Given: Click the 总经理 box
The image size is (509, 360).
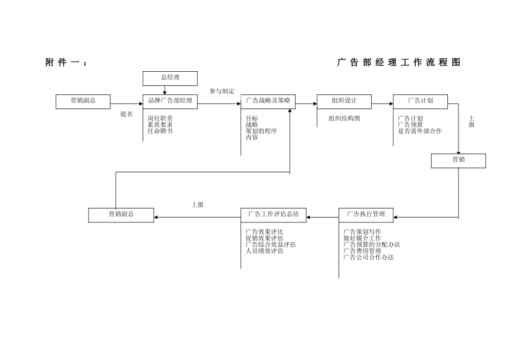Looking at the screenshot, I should click(x=170, y=78).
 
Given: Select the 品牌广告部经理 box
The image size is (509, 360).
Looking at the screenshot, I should click(x=170, y=101).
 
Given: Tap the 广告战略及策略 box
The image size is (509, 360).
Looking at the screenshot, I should click(x=268, y=101).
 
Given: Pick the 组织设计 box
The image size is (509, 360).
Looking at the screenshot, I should click(x=344, y=101).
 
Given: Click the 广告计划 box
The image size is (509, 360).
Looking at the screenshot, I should click(x=421, y=101).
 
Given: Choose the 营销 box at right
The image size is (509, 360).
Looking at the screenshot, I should click(x=458, y=160).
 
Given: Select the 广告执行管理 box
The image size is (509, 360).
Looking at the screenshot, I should click(x=366, y=214).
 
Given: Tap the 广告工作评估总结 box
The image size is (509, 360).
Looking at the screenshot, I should click(x=273, y=214).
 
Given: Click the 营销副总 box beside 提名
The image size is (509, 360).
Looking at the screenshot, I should click(x=83, y=101).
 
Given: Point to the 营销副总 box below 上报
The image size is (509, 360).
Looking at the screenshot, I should click(x=121, y=214).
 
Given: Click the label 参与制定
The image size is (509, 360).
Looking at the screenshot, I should click(x=222, y=91).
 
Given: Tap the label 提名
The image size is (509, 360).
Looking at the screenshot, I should click(x=126, y=114).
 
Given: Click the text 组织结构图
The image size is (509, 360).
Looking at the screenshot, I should click(x=345, y=118).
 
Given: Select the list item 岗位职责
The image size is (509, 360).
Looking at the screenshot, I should click(x=160, y=118).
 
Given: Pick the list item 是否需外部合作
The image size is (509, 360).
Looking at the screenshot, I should click(x=420, y=131).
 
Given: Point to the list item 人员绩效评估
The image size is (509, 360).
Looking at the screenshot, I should click(x=265, y=251).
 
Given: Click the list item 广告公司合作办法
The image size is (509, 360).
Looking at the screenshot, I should click(x=369, y=257).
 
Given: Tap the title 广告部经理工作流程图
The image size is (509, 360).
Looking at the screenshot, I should click(x=399, y=63).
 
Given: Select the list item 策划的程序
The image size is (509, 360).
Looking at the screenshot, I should click(x=261, y=131).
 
